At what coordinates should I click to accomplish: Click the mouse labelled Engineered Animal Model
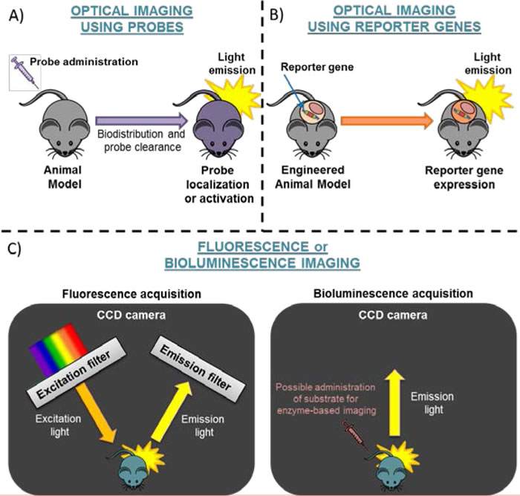313,123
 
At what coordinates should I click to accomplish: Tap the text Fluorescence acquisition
116,294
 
